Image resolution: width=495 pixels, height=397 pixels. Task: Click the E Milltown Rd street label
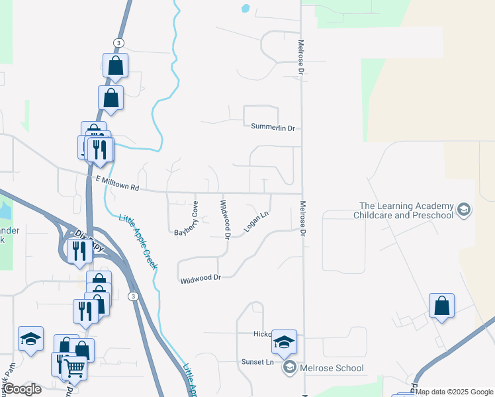coord(117,183)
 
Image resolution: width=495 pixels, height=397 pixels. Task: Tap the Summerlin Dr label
coord(273,126)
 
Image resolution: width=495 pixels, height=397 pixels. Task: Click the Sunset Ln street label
coord(257,363)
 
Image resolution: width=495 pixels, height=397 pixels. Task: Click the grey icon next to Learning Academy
coord(464,210)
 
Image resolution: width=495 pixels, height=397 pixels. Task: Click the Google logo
coord(22,389)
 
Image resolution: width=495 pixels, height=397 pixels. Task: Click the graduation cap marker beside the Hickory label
coord(284,342)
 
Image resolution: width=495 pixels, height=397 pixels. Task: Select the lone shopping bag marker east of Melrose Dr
coord(441,306)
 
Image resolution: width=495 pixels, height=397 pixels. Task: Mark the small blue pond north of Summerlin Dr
coord(246,9)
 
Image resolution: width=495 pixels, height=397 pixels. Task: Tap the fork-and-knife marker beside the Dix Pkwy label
coord(78,251)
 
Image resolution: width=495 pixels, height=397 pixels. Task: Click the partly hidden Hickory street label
coord(263,334)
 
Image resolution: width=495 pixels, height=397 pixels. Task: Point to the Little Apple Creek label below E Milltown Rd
coord(138,241)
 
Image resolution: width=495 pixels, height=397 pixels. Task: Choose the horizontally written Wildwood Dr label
coord(201,279)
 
